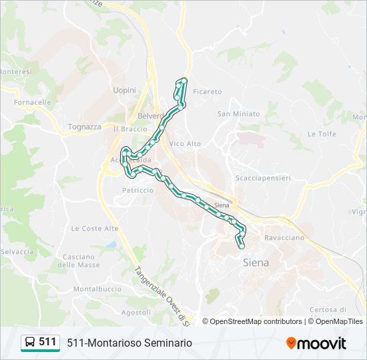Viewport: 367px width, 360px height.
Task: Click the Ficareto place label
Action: [x=207, y=91]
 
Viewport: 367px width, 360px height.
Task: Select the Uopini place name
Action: [x=125, y=90]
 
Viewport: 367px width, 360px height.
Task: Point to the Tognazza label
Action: [x=84, y=127]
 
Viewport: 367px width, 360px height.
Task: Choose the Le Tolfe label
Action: [x=321, y=133]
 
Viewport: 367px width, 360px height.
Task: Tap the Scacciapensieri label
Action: [x=264, y=178]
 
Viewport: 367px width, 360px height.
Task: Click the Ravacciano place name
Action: [x=284, y=237]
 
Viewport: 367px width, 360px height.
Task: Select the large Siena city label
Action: [x=256, y=262]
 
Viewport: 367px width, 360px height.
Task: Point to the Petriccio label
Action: [x=137, y=190]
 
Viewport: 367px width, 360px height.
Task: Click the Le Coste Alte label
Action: [x=95, y=228]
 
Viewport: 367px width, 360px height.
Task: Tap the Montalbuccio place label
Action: [x=97, y=289]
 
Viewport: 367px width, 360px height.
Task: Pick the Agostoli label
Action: [x=136, y=312]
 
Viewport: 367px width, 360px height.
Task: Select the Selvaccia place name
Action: [x=17, y=251]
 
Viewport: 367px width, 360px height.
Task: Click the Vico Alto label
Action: [x=185, y=143]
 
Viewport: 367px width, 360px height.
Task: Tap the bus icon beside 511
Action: [x=30, y=342]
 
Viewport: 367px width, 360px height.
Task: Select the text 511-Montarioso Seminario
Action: [x=129, y=343]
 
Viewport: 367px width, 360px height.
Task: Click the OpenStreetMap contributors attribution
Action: [x=256, y=321]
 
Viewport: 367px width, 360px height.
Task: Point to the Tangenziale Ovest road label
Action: [x=162, y=295]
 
